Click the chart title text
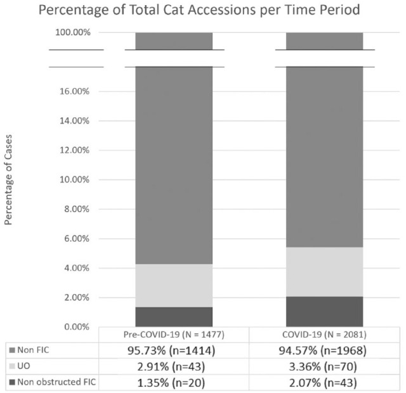[x=199, y=10]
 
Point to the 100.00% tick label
[x=73, y=32]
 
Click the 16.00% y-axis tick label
[x=75, y=91]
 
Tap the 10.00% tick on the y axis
[x=75, y=179]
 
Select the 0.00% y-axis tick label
[x=77, y=327]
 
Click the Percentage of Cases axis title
[x=8, y=180]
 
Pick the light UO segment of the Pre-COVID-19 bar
[x=174, y=286]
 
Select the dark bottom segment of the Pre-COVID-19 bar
[x=174, y=317]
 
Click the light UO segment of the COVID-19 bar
[x=324, y=272]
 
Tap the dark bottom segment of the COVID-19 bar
[x=324, y=312]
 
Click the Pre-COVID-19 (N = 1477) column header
[x=174, y=335]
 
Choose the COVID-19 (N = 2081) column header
[x=324, y=335]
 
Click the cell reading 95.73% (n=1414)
[x=171, y=351]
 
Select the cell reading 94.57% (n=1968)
[x=323, y=351]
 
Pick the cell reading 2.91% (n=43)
[x=171, y=366]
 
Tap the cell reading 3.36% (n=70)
[x=323, y=366]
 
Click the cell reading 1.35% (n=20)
[x=171, y=383]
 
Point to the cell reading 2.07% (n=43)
[x=323, y=383]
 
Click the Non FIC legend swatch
[x=12, y=351]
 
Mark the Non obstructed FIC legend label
[x=56, y=382]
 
